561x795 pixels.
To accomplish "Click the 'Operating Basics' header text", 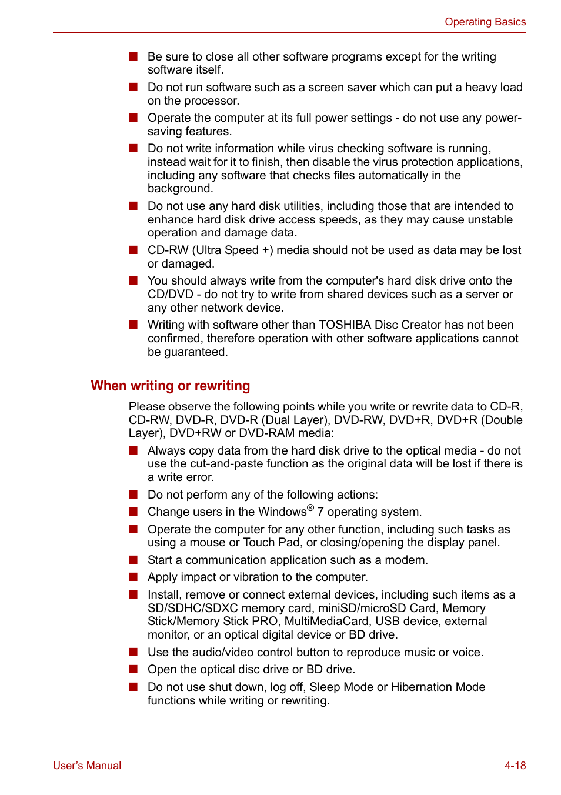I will point(485,22).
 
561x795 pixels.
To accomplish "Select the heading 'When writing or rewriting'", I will point(170,386).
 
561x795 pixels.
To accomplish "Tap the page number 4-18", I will point(515,766).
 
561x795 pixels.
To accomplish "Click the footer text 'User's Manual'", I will point(87,766).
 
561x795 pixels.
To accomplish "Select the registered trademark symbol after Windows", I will point(310,507).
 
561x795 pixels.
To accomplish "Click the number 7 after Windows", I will point(320,512).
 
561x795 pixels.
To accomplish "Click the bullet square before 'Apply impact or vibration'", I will point(133,577).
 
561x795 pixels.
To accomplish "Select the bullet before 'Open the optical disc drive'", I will point(133,669).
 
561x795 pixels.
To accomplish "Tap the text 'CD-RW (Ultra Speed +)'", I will point(210,250).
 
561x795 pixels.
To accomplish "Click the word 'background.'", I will point(180,189).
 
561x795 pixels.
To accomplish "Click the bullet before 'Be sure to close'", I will point(133,56).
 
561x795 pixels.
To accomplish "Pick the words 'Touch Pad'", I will point(271,543).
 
